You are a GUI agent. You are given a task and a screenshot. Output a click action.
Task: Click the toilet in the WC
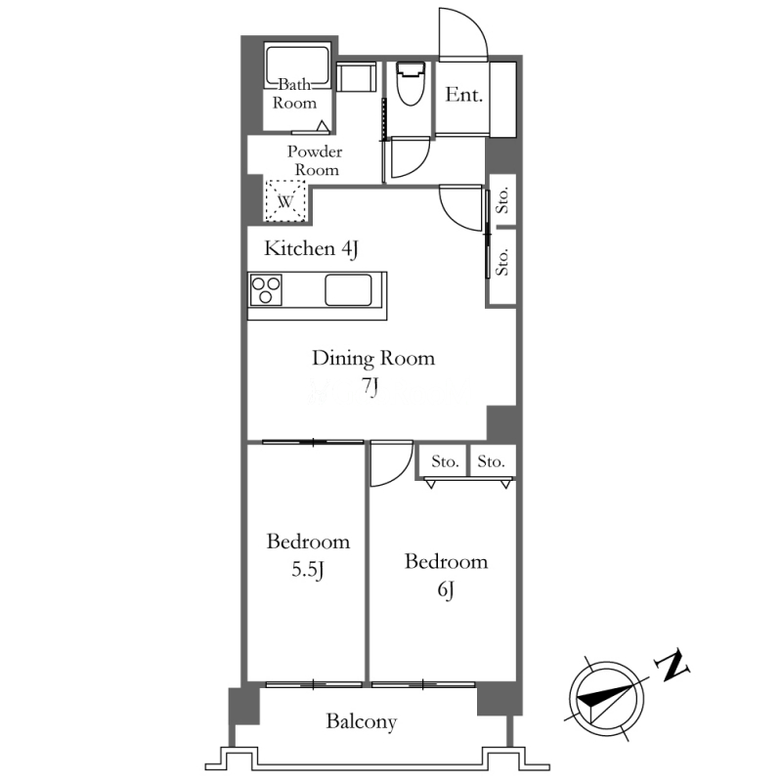[x=411, y=83]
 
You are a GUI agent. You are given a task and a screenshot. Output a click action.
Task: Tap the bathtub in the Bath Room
[x=297, y=66]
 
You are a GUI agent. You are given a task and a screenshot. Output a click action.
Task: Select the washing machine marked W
[x=285, y=200]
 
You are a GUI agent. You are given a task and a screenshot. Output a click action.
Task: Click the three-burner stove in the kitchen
[x=266, y=289]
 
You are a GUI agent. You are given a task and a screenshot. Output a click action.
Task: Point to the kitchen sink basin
[x=348, y=290]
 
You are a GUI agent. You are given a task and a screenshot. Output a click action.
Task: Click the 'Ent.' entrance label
[x=463, y=94]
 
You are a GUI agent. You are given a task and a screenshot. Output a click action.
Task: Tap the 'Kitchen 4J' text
[x=312, y=249]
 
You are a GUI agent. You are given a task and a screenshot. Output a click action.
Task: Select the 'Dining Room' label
[x=373, y=359]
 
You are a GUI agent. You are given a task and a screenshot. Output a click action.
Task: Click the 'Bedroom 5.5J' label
[x=308, y=555]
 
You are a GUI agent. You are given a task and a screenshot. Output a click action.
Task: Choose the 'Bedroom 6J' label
[x=447, y=575]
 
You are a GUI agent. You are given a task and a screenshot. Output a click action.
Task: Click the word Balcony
[x=362, y=721]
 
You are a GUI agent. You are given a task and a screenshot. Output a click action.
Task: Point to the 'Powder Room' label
[x=315, y=160]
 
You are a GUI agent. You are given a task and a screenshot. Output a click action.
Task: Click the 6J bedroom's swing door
[x=392, y=462]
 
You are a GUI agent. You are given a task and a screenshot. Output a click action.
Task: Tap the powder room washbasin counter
[x=356, y=77]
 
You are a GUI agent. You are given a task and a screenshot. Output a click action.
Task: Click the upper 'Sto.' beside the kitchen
[x=502, y=200]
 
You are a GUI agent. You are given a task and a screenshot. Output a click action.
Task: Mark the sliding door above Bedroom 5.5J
[x=313, y=442]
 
